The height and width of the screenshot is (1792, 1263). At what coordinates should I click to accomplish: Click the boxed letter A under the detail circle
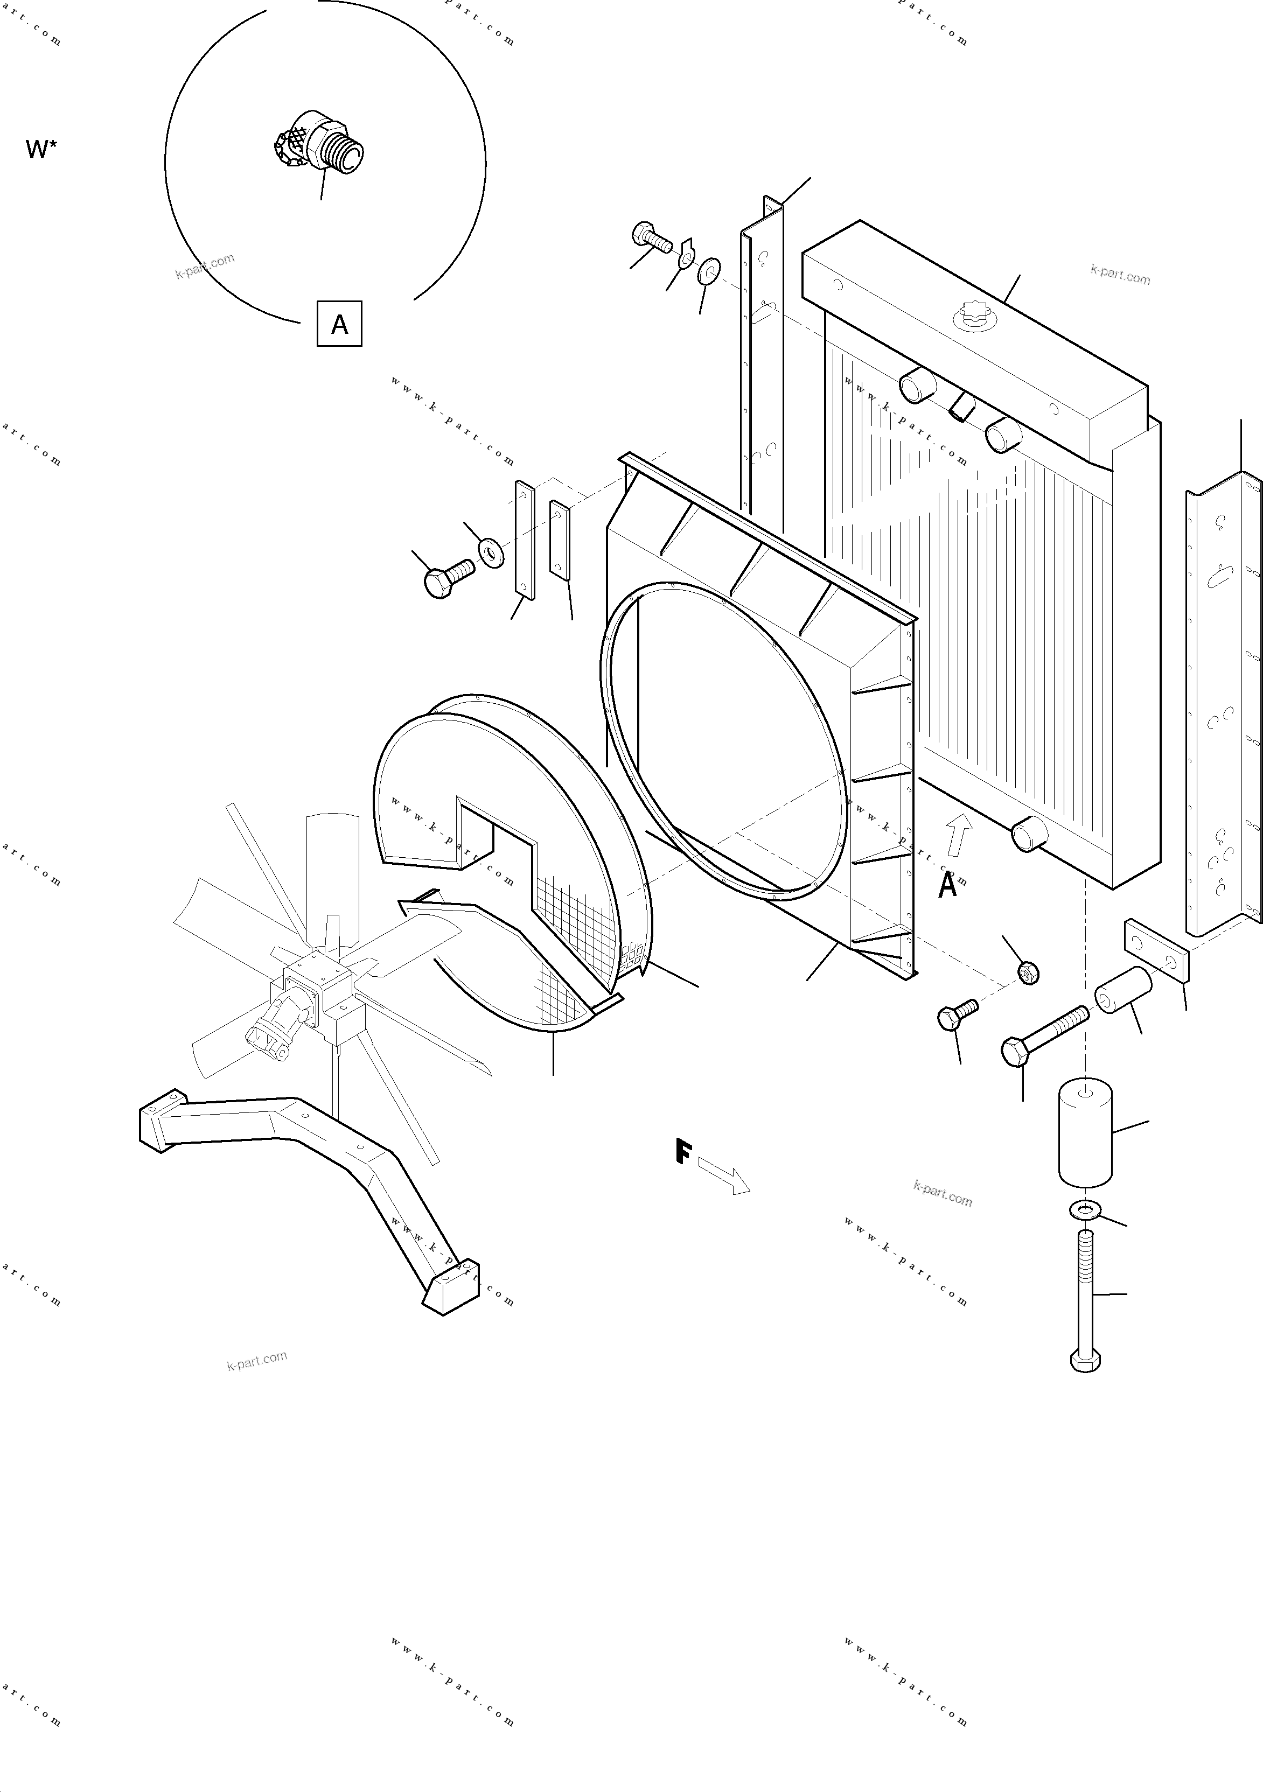tap(339, 323)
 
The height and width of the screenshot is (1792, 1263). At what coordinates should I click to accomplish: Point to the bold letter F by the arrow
tap(683, 1152)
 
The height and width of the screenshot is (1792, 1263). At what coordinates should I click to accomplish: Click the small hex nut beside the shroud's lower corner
tap(1029, 972)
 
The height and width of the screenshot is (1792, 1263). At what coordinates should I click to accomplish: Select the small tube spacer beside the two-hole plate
tap(1122, 990)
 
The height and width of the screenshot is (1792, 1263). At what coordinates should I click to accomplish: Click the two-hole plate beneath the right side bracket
tap(1156, 950)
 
